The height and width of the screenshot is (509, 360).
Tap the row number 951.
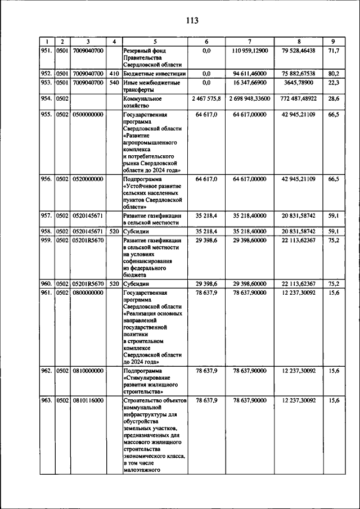(47, 51)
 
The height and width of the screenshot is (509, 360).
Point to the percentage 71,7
(333, 51)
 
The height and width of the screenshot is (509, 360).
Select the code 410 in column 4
(114, 73)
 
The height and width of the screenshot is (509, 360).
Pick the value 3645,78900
(298, 83)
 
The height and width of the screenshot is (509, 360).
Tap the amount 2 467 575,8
(206, 98)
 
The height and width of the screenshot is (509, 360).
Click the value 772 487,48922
(298, 98)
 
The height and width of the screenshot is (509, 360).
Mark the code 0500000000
(88, 114)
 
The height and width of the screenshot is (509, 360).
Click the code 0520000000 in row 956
(88, 179)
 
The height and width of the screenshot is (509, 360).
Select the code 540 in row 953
(114, 83)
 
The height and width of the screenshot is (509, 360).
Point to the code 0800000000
(88, 292)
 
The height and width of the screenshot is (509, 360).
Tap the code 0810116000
(88, 400)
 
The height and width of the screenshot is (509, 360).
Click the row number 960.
(47, 283)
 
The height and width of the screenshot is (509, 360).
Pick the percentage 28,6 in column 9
(333, 98)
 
